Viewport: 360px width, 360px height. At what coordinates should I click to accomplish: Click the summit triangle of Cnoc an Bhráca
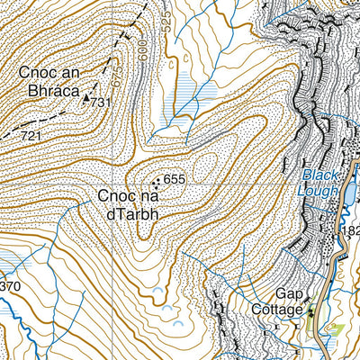click(x=87, y=100)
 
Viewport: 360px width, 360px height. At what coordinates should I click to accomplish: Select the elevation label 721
click(x=32, y=136)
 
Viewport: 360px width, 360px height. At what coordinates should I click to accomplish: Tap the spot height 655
click(x=174, y=180)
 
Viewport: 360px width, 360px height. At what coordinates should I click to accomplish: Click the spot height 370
click(x=9, y=287)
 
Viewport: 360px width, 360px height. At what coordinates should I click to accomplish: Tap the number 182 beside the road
click(x=350, y=232)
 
